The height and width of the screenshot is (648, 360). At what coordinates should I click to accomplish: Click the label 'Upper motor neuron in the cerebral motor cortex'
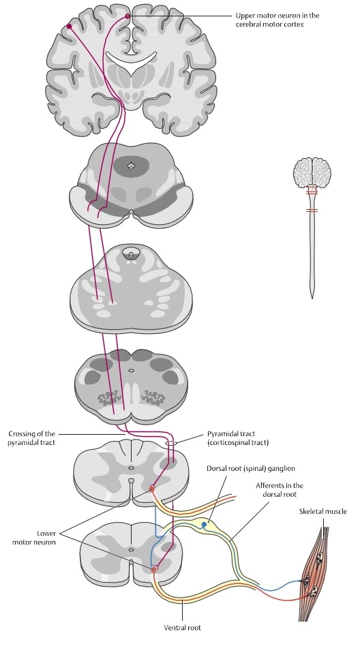coord(277,20)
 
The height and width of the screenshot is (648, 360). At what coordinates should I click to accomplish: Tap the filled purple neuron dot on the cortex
coord(69,27)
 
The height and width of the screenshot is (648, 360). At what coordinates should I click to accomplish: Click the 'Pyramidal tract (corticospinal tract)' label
coord(238,438)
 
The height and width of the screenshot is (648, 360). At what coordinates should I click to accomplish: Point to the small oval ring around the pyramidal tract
coord(170,443)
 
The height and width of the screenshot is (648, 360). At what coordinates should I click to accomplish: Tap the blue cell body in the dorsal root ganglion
coord(204,525)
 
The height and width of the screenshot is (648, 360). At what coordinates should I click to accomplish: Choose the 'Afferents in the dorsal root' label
coord(280,489)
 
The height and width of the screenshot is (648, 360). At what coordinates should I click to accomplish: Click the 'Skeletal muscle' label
coord(322,511)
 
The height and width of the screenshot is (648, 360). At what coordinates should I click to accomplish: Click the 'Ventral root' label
coord(182,628)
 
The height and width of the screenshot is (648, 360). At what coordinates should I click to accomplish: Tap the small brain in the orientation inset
coord(312,172)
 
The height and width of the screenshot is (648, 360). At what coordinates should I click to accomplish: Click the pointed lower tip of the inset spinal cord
coord(312,298)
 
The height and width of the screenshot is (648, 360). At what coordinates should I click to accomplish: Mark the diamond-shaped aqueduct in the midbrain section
coord(131,166)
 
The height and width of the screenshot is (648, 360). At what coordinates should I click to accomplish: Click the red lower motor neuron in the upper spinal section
coord(151,489)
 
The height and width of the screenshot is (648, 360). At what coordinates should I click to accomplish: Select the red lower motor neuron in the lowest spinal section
coord(155,570)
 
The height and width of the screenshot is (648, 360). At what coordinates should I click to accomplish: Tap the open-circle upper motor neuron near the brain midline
coord(127,16)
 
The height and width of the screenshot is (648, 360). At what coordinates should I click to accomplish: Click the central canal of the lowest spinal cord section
coord(131,550)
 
